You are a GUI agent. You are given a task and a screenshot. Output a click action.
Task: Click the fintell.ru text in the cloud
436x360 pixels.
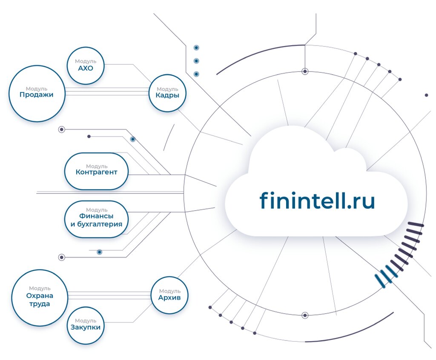[x=317, y=200]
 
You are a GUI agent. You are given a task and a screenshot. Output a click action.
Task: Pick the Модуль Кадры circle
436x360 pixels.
[x=167, y=93]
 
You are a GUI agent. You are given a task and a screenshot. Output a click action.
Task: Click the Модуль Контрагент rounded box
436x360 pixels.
[x=96, y=171]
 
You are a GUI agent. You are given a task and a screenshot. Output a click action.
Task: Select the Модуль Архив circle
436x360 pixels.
[x=169, y=295]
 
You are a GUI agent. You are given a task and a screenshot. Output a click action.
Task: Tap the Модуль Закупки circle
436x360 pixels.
[x=86, y=325]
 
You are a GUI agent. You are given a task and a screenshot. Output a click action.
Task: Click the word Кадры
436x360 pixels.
[x=167, y=95]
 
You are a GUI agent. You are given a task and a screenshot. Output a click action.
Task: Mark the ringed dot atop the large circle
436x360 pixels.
[x=305, y=71]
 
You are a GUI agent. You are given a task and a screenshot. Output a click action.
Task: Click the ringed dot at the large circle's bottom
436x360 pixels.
[x=305, y=315]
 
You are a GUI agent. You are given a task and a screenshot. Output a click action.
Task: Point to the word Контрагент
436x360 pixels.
[x=96, y=172]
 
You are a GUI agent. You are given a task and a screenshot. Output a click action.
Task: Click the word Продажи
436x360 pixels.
[x=37, y=94]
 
